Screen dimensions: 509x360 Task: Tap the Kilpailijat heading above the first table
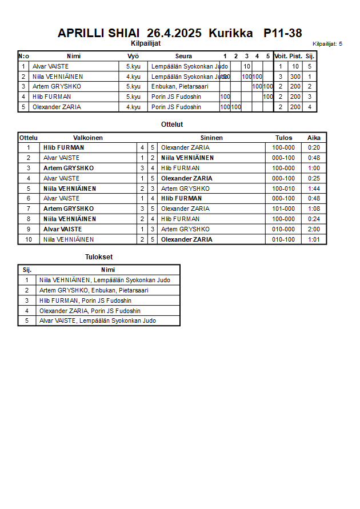146,42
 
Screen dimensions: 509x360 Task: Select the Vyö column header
133,56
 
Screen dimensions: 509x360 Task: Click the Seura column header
183,56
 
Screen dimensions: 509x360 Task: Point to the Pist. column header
295,56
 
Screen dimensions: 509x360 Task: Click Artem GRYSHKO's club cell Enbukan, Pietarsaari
179,86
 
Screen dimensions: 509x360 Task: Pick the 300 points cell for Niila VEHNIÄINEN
295,77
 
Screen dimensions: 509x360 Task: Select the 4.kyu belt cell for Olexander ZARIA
133,107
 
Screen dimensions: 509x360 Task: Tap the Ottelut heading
172,124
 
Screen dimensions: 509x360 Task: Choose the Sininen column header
211,138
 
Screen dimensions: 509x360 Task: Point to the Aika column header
314,138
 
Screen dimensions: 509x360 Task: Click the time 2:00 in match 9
314,229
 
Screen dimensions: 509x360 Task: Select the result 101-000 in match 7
283,209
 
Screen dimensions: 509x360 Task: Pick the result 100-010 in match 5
283,189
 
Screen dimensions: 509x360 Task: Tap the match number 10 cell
29,239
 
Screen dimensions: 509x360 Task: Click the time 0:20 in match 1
314,147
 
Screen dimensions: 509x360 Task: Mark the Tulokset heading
99,257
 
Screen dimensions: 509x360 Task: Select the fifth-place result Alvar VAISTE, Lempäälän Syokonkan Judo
98,320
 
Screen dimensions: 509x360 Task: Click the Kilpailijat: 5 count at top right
327,43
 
